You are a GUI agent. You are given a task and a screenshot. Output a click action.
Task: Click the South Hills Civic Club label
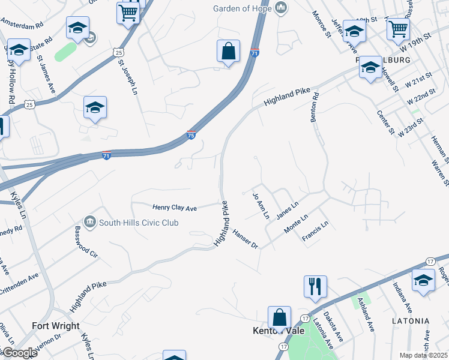(139, 223)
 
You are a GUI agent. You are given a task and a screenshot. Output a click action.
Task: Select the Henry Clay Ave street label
(175, 208)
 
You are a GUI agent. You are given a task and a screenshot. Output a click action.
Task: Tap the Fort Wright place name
(56, 326)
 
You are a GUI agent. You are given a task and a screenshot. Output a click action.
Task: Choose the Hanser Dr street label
(245, 239)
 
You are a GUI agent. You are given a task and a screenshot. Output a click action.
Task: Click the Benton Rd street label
(315, 108)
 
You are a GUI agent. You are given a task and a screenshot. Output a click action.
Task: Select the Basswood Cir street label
(86, 242)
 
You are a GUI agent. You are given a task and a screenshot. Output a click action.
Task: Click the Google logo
(19, 352)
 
